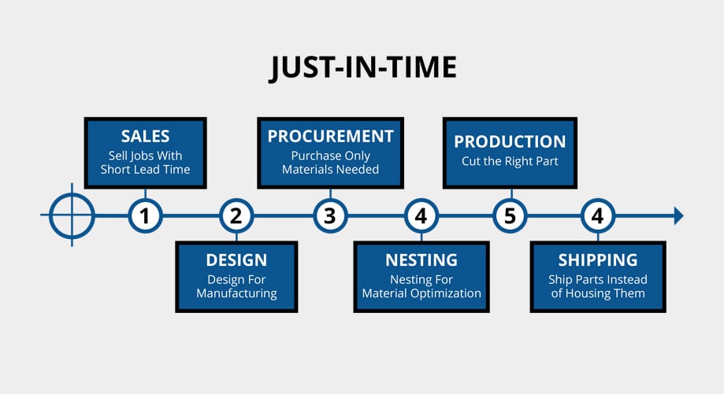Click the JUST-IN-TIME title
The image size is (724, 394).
(x=363, y=68)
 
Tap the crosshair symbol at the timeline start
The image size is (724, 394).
(x=72, y=215)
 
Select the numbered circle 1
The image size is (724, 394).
(x=145, y=215)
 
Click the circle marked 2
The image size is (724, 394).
(x=236, y=215)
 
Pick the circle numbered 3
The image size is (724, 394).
(x=330, y=215)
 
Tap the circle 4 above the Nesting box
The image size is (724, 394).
(x=421, y=215)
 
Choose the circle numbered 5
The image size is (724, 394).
(x=511, y=215)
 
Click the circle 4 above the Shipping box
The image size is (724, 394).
(x=598, y=215)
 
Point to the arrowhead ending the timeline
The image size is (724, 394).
(x=678, y=215)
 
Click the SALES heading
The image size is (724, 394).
(x=145, y=136)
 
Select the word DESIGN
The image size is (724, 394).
(x=236, y=260)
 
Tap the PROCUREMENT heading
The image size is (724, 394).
(x=330, y=136)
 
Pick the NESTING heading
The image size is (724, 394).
(x=421, y=260)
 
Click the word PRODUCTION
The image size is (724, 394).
(x=511, y=142)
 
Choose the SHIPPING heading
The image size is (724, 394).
(x=597, y=260)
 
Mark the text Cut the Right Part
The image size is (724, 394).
(x=511, y=161)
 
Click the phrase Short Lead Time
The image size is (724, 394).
(x=145, y=169)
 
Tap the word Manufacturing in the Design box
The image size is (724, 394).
(x=236, y=293)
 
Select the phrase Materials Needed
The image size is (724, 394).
(x=330, y=169)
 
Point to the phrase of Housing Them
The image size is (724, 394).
(x=597, y=293)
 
